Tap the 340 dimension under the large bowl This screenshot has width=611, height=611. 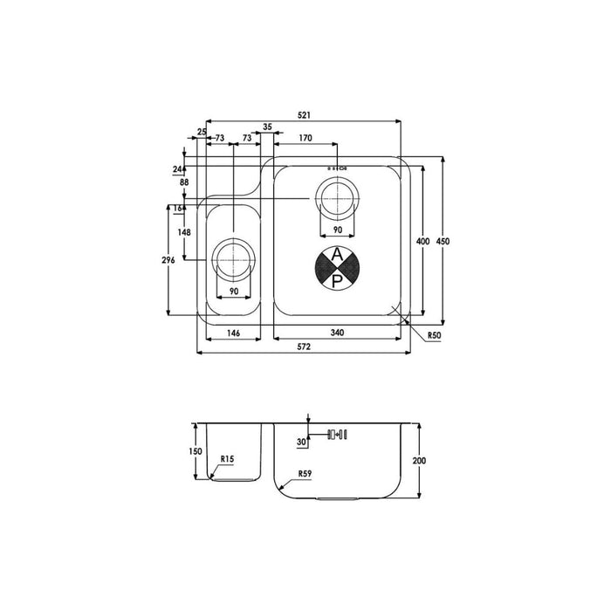click(x=338, y=332)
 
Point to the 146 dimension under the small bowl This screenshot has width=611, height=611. click(x=234, y=332)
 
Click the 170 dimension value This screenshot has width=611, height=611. click(x=305, y=138)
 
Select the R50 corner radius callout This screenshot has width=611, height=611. click(x=433, y=334)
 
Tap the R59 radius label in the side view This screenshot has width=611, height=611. click(x=305, y=474)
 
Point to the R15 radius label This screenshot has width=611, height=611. click(x=227, y=457)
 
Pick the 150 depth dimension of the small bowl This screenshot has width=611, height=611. click(x=196, y=450)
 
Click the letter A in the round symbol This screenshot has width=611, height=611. click(x=337, y=256)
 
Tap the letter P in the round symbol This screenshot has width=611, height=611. click(x=337, y=280)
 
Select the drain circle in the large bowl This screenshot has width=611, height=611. click(x=337, y=198)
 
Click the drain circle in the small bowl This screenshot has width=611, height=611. click(x=234, y=259)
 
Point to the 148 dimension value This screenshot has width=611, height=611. click(x=184, y=232)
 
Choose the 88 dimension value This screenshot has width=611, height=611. click(x=184, y=182)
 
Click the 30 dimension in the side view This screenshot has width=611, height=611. click(x=301, y=443)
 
